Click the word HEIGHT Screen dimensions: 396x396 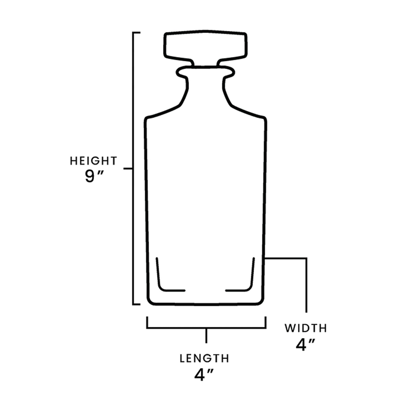coord(93,161)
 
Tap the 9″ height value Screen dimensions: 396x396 coord(94,177)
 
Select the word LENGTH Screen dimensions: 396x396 coord(204,358)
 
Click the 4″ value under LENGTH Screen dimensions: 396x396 coord(204,375)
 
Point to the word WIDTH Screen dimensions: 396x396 coord(306,328)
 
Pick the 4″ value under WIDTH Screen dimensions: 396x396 coord(305,345)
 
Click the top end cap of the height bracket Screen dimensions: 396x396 coord(136,33)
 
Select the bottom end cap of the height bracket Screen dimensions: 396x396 coord(136,304)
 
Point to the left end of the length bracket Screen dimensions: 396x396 coord(147,323)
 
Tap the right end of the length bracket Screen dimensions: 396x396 coord(266,323)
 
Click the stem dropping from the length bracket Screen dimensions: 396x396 coord(206,336)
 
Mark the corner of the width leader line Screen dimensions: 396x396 coord(306,258)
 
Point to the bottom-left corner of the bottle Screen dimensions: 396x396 coord(149,302)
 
